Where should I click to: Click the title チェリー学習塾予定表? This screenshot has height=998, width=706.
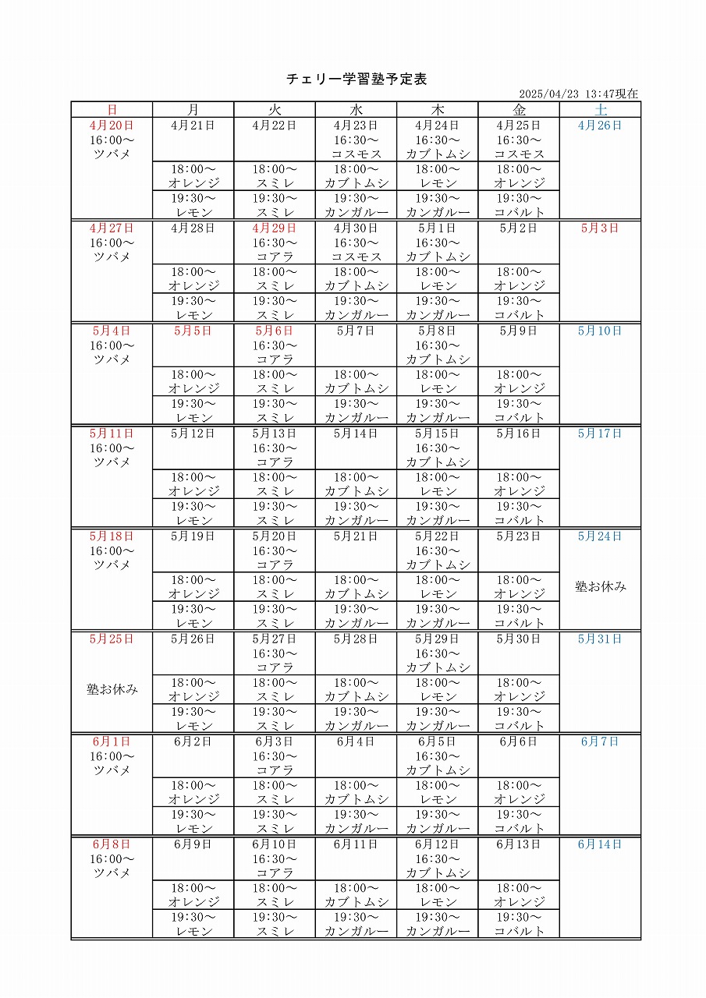coord(357,79)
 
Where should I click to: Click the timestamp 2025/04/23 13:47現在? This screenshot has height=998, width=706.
coord(578,94)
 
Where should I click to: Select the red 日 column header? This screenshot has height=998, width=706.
coord(112,110)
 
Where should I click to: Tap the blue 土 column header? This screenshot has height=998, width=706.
coord(600,110)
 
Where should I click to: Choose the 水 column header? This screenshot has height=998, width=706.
coord(356,110)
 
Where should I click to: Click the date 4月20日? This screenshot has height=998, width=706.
coord(112,125)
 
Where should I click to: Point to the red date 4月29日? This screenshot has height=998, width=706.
coord(275,228)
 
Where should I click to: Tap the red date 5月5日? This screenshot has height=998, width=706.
coord(193,331)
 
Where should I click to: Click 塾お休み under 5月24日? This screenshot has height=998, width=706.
coord(600,586)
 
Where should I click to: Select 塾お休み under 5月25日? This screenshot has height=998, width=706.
coord(112,689)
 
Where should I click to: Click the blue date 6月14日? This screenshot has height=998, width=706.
coord(600,844)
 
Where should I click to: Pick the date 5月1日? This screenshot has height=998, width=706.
coord(437,228)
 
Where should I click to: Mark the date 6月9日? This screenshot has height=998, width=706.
coord(193,844)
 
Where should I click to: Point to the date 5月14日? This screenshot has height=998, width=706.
coord(356,433)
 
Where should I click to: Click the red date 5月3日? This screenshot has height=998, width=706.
coord(600,228)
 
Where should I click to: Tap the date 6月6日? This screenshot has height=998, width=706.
coord(519,741)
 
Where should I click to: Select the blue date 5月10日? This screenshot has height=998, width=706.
coord(600,331)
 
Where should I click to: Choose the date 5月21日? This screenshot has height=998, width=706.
coord(356,536)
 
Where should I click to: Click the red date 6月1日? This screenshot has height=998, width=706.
coord(112,741)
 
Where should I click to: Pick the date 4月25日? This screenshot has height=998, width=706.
coord(519,125)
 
